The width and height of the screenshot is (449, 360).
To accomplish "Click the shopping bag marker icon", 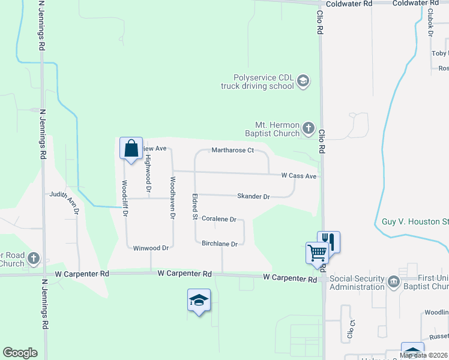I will click(131, 148).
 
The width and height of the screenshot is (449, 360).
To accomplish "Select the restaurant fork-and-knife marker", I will click(328, 241).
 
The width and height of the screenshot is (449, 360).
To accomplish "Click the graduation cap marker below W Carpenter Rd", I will click(199, 300).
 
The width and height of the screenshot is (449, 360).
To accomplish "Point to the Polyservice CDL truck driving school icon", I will click(303, 81).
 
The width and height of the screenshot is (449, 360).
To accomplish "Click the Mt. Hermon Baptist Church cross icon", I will click(308, 128).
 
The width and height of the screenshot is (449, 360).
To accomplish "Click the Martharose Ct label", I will click(233, 151).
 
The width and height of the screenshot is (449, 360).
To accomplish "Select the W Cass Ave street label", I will click(298, 176).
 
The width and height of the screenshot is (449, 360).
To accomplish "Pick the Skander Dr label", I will click(253, 196).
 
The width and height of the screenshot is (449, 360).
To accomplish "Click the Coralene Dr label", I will click(219, 220).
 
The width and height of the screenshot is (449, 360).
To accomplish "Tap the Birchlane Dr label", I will click(220, 244).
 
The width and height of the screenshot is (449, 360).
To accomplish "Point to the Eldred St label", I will click(194, 206).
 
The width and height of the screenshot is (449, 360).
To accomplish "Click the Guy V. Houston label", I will click(414, 221).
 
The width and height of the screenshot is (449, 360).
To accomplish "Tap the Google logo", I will click(20, 353).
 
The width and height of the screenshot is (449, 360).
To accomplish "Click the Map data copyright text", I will click(423, 355).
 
